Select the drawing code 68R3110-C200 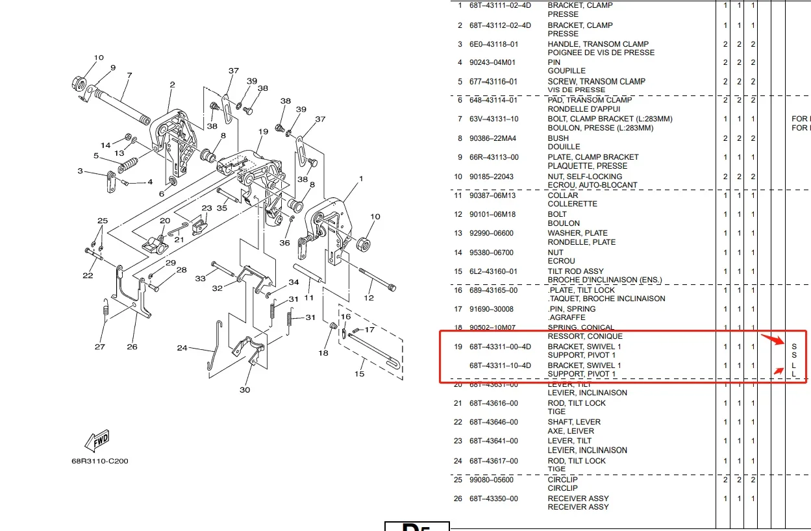point(100,462)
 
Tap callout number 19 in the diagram point(262,132)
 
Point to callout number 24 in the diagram point(182,349)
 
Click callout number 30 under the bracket point(244,389)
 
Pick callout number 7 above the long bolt point(129,76)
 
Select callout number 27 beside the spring point(99,347)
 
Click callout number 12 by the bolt point(369,298)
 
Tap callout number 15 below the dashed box point(359,373)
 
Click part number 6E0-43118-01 point(493,44)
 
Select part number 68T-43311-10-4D point(500,365)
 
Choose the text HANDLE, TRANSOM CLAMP point(598,44)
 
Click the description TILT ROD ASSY point(575,271)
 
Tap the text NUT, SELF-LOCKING point(584,177)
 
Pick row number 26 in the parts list point(458,499)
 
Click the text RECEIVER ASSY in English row point(578,499)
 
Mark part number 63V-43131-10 point(493,119)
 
